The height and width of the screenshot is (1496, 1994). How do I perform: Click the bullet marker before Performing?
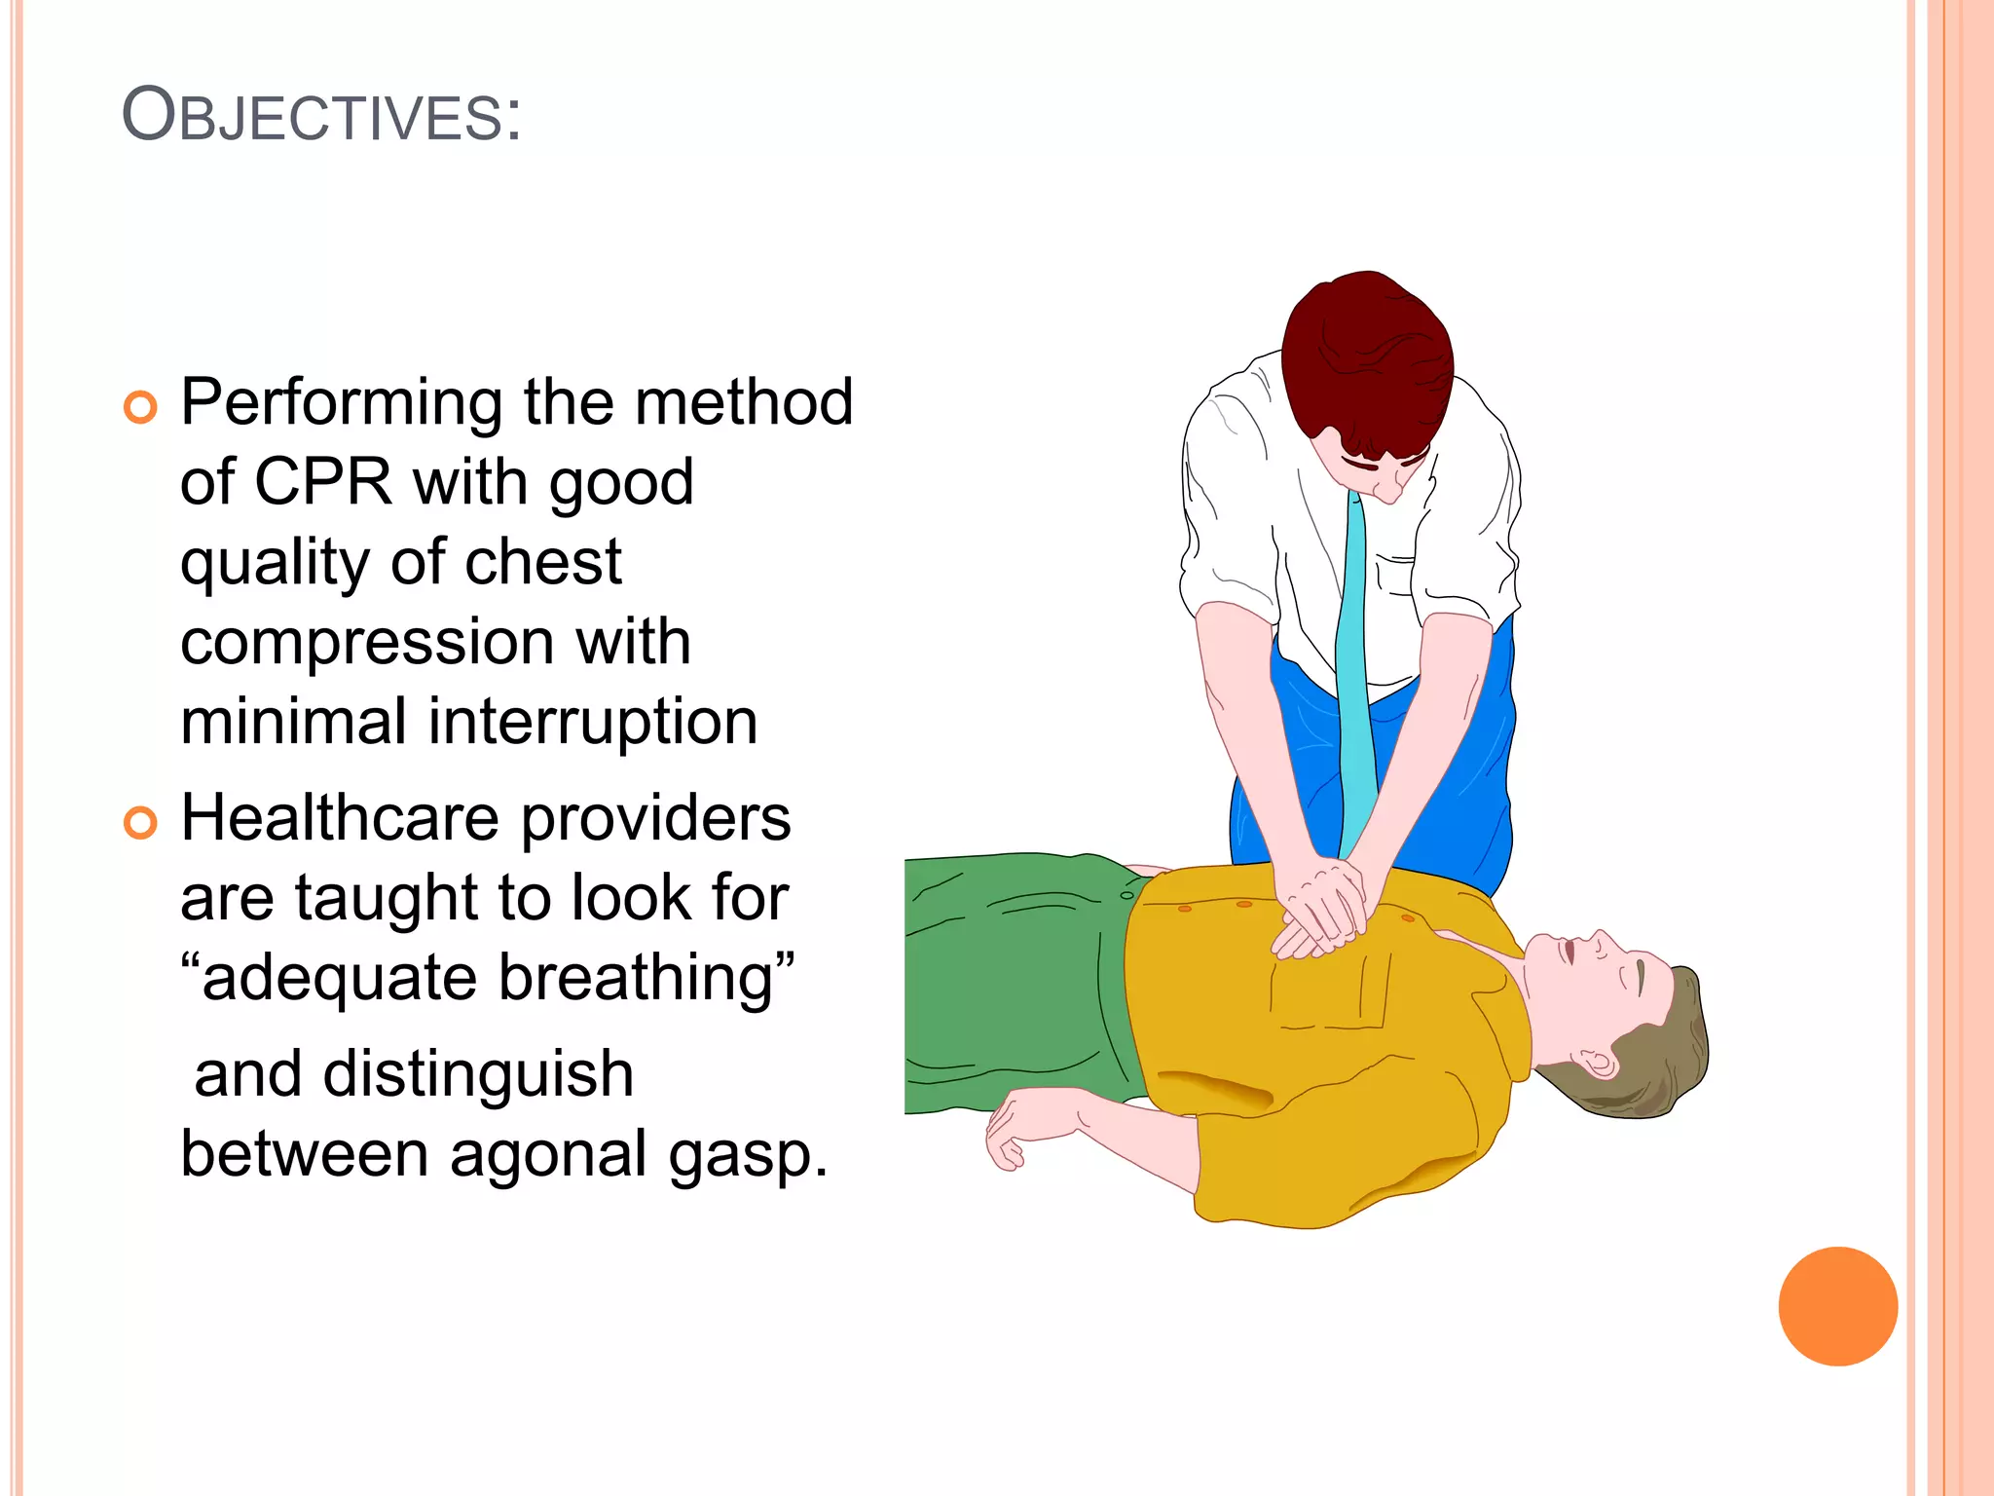pos(140,407)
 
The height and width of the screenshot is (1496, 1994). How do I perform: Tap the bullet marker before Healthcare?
pos(140,823)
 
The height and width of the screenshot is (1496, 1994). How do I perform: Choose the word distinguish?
pos(478,1074)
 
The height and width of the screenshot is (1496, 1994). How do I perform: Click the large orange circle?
pos(1837,1306)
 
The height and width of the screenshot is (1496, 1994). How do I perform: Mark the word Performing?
pos(342,402)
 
